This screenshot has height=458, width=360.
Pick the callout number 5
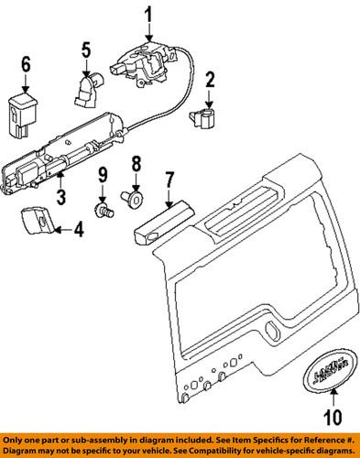(x=85, y=50)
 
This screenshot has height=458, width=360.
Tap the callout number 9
(x=104, y=175)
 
